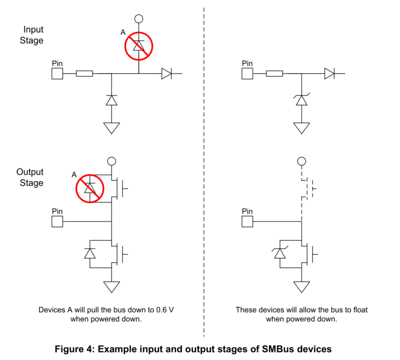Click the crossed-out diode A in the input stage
coord(138,46)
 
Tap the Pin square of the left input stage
coord(57,73)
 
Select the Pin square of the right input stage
coord(248,73)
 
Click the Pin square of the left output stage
coord(57,222)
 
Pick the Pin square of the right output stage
coord(248,222)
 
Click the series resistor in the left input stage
coord(84,73)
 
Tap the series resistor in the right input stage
coord(275,73)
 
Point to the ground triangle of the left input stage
coord(111,127)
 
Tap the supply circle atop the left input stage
coord(138,19)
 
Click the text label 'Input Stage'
coord(32,35)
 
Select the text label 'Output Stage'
coord(30,177)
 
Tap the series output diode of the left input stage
coord(166,73)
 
